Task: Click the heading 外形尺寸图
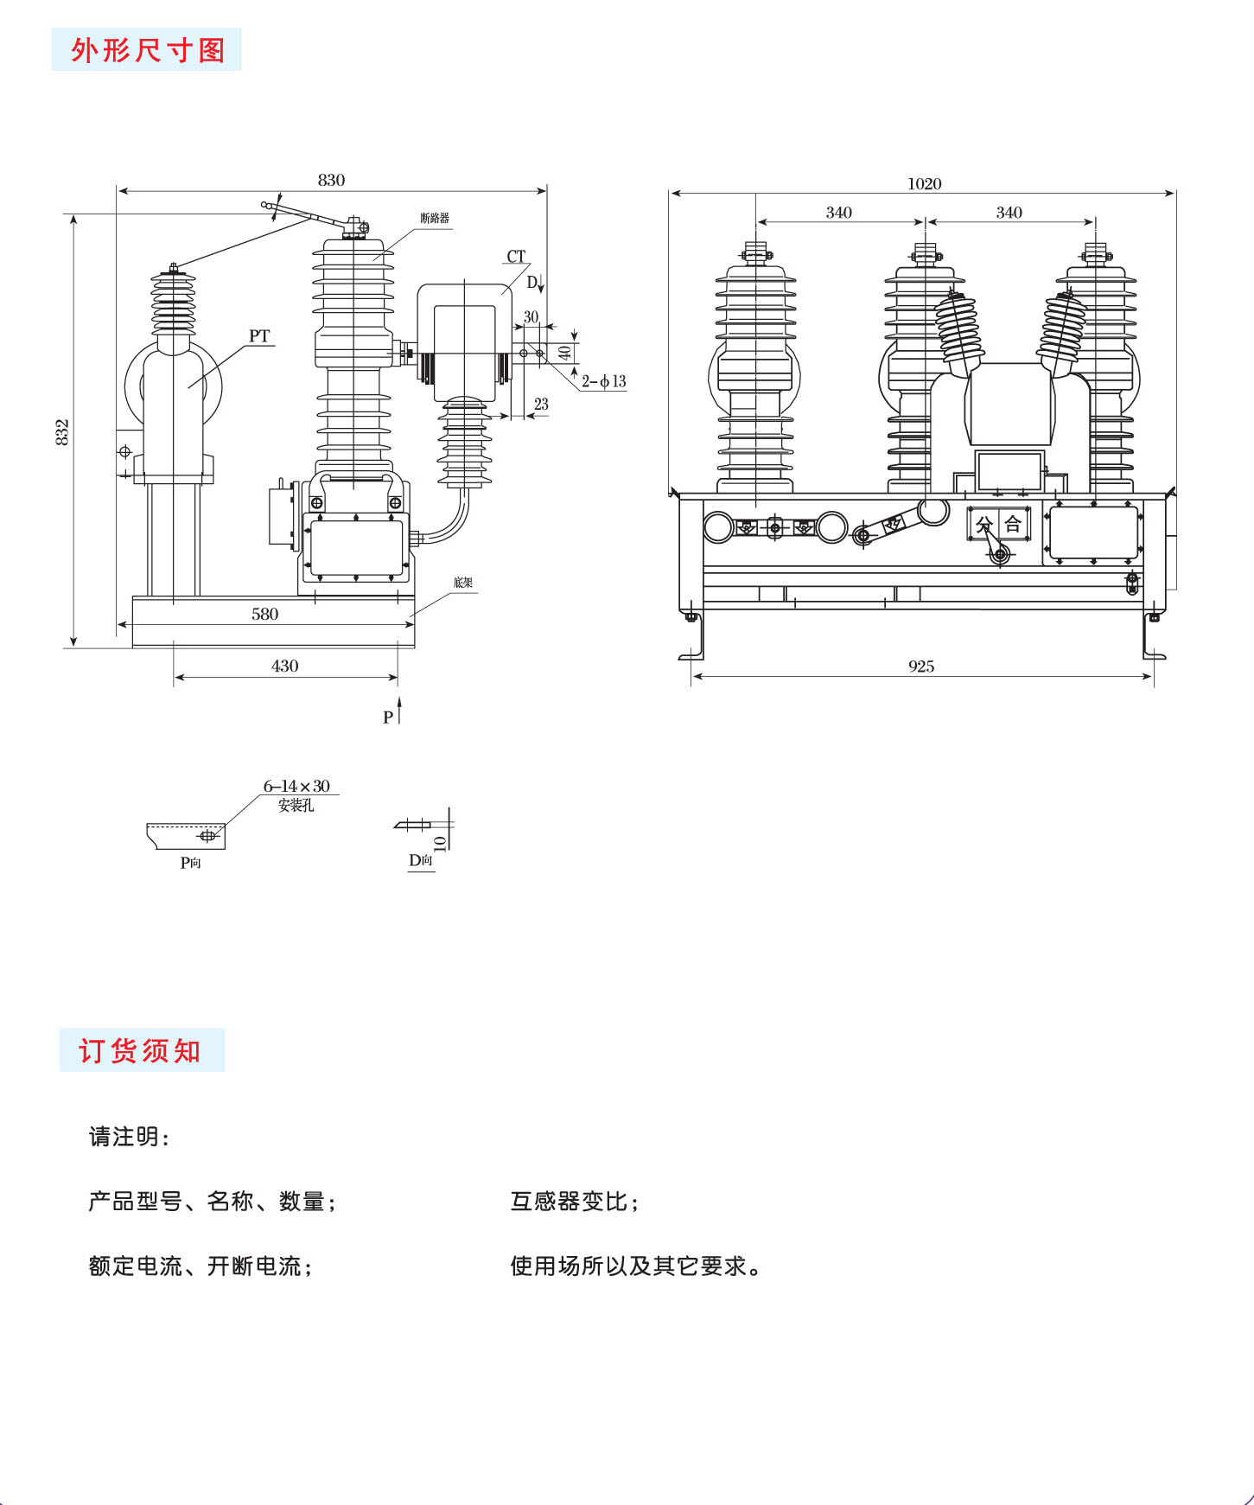147,50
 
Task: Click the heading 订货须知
140,1050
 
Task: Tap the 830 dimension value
331,180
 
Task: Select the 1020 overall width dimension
924,183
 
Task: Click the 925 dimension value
921,666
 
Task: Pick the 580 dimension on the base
264,614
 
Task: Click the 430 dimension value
284,666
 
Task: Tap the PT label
259,335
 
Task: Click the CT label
516,256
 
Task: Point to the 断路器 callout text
435,218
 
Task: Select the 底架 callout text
463,583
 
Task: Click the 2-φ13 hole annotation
603,380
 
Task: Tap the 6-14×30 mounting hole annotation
296,786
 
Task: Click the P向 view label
190,862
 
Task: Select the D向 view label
421,860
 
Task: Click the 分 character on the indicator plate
983,524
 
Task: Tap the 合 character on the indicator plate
1013,524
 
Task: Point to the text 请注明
128,1137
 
